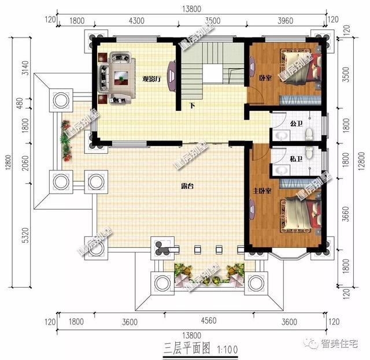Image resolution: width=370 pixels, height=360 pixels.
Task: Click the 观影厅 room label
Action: [151, 79]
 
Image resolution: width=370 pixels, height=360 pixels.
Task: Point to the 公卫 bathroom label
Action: [296, 124]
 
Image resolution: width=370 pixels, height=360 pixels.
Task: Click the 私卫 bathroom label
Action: [296, 157]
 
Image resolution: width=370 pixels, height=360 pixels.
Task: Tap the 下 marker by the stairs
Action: [191, 106]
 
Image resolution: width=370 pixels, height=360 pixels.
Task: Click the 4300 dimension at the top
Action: [136, 21]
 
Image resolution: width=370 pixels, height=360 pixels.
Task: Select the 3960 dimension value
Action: [286, 21]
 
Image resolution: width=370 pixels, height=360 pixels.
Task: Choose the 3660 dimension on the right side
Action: [346, 217]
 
